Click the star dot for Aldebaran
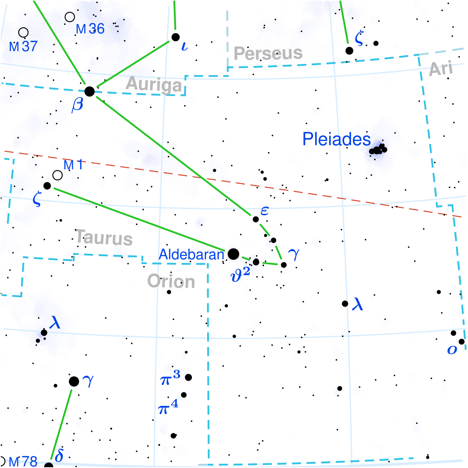click(233, 254)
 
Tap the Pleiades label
click(336, 139)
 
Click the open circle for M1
click(57, 175)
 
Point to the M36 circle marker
click(70, 17)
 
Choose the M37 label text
click(23, 46)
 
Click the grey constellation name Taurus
click(104, 238)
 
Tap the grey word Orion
click(171, 281)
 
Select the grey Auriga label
click(154, 85)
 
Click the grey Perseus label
click(268, 53)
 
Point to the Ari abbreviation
click(441, 69)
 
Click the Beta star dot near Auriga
click(90, 92)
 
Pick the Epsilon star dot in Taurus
click(256, 219)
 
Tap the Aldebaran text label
click(191, 255)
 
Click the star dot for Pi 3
click(188, 377)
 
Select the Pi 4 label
click(168, 408)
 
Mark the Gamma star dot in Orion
click(74, 381)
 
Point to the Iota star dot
click(175, 37)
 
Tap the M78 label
click(23, 462)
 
